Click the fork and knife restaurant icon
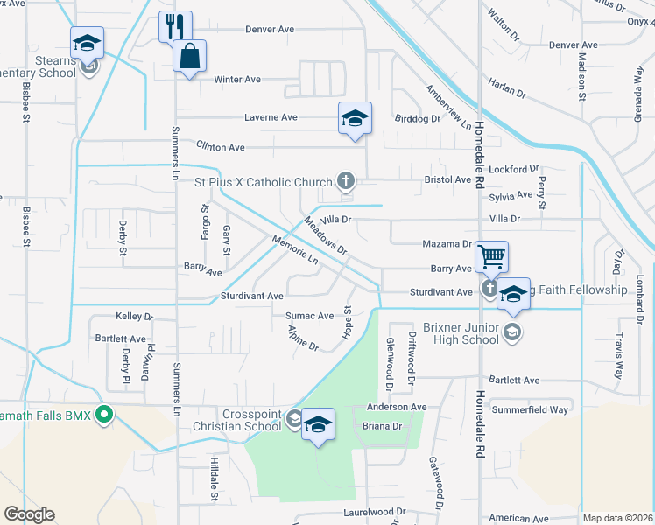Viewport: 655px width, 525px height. pyautogui.click(x=175, y=26)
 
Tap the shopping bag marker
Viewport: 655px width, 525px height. pyautogui.click(x=189, y=57)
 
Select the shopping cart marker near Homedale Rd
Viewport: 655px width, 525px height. pyautogui.click(x=492, y=257)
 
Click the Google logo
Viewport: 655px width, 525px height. pyautogui.click(x=29, y=514)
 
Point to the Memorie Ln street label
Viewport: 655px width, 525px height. pyautogui.click(x=294, y=250)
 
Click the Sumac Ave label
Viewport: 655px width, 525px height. pyautogui.click(x=309, y=315)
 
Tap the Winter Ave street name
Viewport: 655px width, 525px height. pyautogui.click(x=238, y=79)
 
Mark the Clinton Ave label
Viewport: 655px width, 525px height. pyautogui.click(x=220, y=147)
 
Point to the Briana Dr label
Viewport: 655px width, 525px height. pyautogui.click(x=381, y=426)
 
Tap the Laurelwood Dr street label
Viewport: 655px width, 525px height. pyautogui.click(x=375, y=511)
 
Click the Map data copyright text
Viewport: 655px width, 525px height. pyautogui.click(x=616, y=518)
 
